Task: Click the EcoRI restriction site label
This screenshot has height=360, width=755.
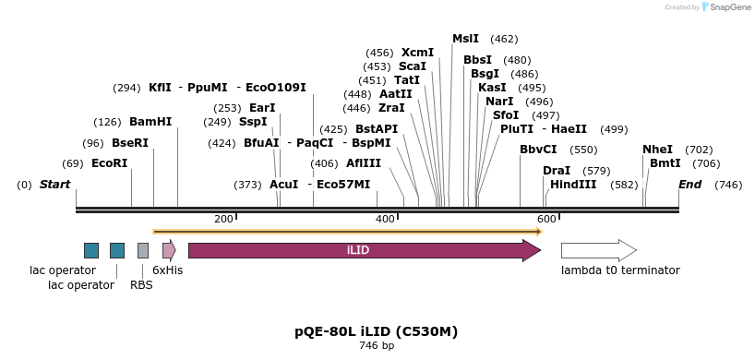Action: pyautogui.click(x=109, y=163)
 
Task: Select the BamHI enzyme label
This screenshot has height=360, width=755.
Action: pyautogui.click(x=150, y=122)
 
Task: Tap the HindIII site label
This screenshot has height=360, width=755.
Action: pyautogui.click(x=573, y=185)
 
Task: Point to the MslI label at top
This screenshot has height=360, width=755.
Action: pyautogui.click(x=465, y=39)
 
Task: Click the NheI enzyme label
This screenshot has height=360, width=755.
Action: pyautogui.click(x=657, y=150)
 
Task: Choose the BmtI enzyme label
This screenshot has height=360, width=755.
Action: pyautogui.click(x=665, y=163)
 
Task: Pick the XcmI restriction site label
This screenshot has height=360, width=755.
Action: pyautogui.click(x=417, y=53)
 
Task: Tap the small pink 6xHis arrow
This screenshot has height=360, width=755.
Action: pyautogui.click(x=169, y=250)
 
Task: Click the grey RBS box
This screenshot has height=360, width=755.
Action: pyautogui.click(x=143, y=250)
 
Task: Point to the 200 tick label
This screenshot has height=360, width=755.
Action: pyautogui.click(x=223, y=219)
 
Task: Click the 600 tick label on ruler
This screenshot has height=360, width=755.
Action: pyautogui.click(x=546, y=219)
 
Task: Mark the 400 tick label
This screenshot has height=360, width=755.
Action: pyautogui.click(x=385, y=219)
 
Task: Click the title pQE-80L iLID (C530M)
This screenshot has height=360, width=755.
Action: pyautogui.click(x=376, y=331)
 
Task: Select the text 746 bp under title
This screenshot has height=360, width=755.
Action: pyautogui.click(x=376, y=346)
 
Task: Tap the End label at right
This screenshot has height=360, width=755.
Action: pyautogui.click(x=689, y=185)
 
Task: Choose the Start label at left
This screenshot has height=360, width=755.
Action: pyautogui.click(x=54, y=185)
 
